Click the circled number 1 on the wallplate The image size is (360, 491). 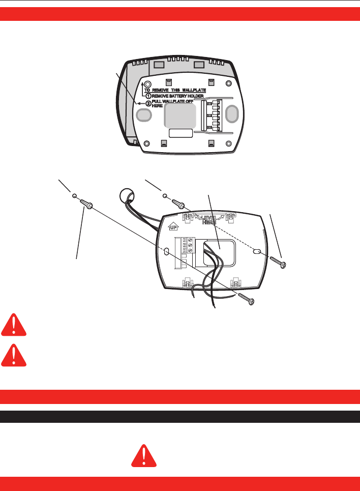(148, 95)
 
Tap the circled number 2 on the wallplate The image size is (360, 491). (148, 103)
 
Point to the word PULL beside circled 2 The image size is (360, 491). (159, 101)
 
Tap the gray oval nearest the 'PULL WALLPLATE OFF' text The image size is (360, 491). (144, 115)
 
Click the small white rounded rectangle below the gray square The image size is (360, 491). (181, 133)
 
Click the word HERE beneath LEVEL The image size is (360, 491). (209, 222)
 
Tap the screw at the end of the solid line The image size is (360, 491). (246, 299)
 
